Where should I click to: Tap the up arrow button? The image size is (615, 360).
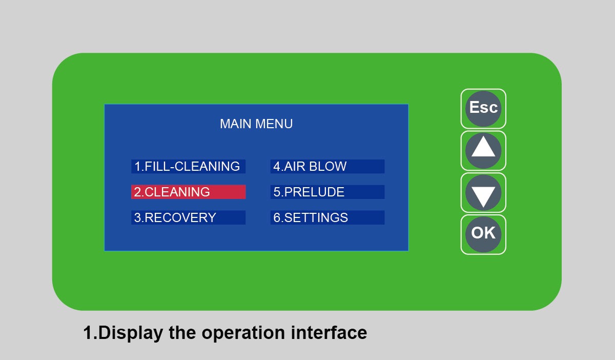pos(483,150)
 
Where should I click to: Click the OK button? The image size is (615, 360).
pos(483,234)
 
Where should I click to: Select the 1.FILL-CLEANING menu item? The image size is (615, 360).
pos(188,166)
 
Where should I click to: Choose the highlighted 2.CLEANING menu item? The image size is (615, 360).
pos(188,192)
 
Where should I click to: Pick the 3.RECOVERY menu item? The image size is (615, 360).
pos(188,217)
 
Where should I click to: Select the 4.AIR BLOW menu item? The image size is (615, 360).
pos(327,166)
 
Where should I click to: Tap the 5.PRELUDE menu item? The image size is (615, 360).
pos(327,192)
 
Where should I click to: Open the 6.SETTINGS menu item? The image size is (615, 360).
pos(327,217)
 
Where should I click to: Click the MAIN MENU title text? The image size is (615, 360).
pos(256,124)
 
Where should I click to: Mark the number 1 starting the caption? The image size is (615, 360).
pos(88,333)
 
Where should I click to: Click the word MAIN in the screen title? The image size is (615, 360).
pos(236,124)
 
